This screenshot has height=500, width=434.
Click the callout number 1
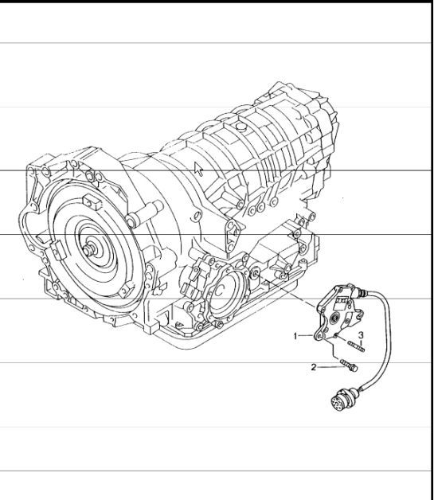coord(296,336)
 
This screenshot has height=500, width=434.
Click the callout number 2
coord(314,367)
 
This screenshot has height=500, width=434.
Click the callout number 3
coord(361,334)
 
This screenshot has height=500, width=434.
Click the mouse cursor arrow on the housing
coord(199,168)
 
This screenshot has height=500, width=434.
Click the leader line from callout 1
coord(309,336)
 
